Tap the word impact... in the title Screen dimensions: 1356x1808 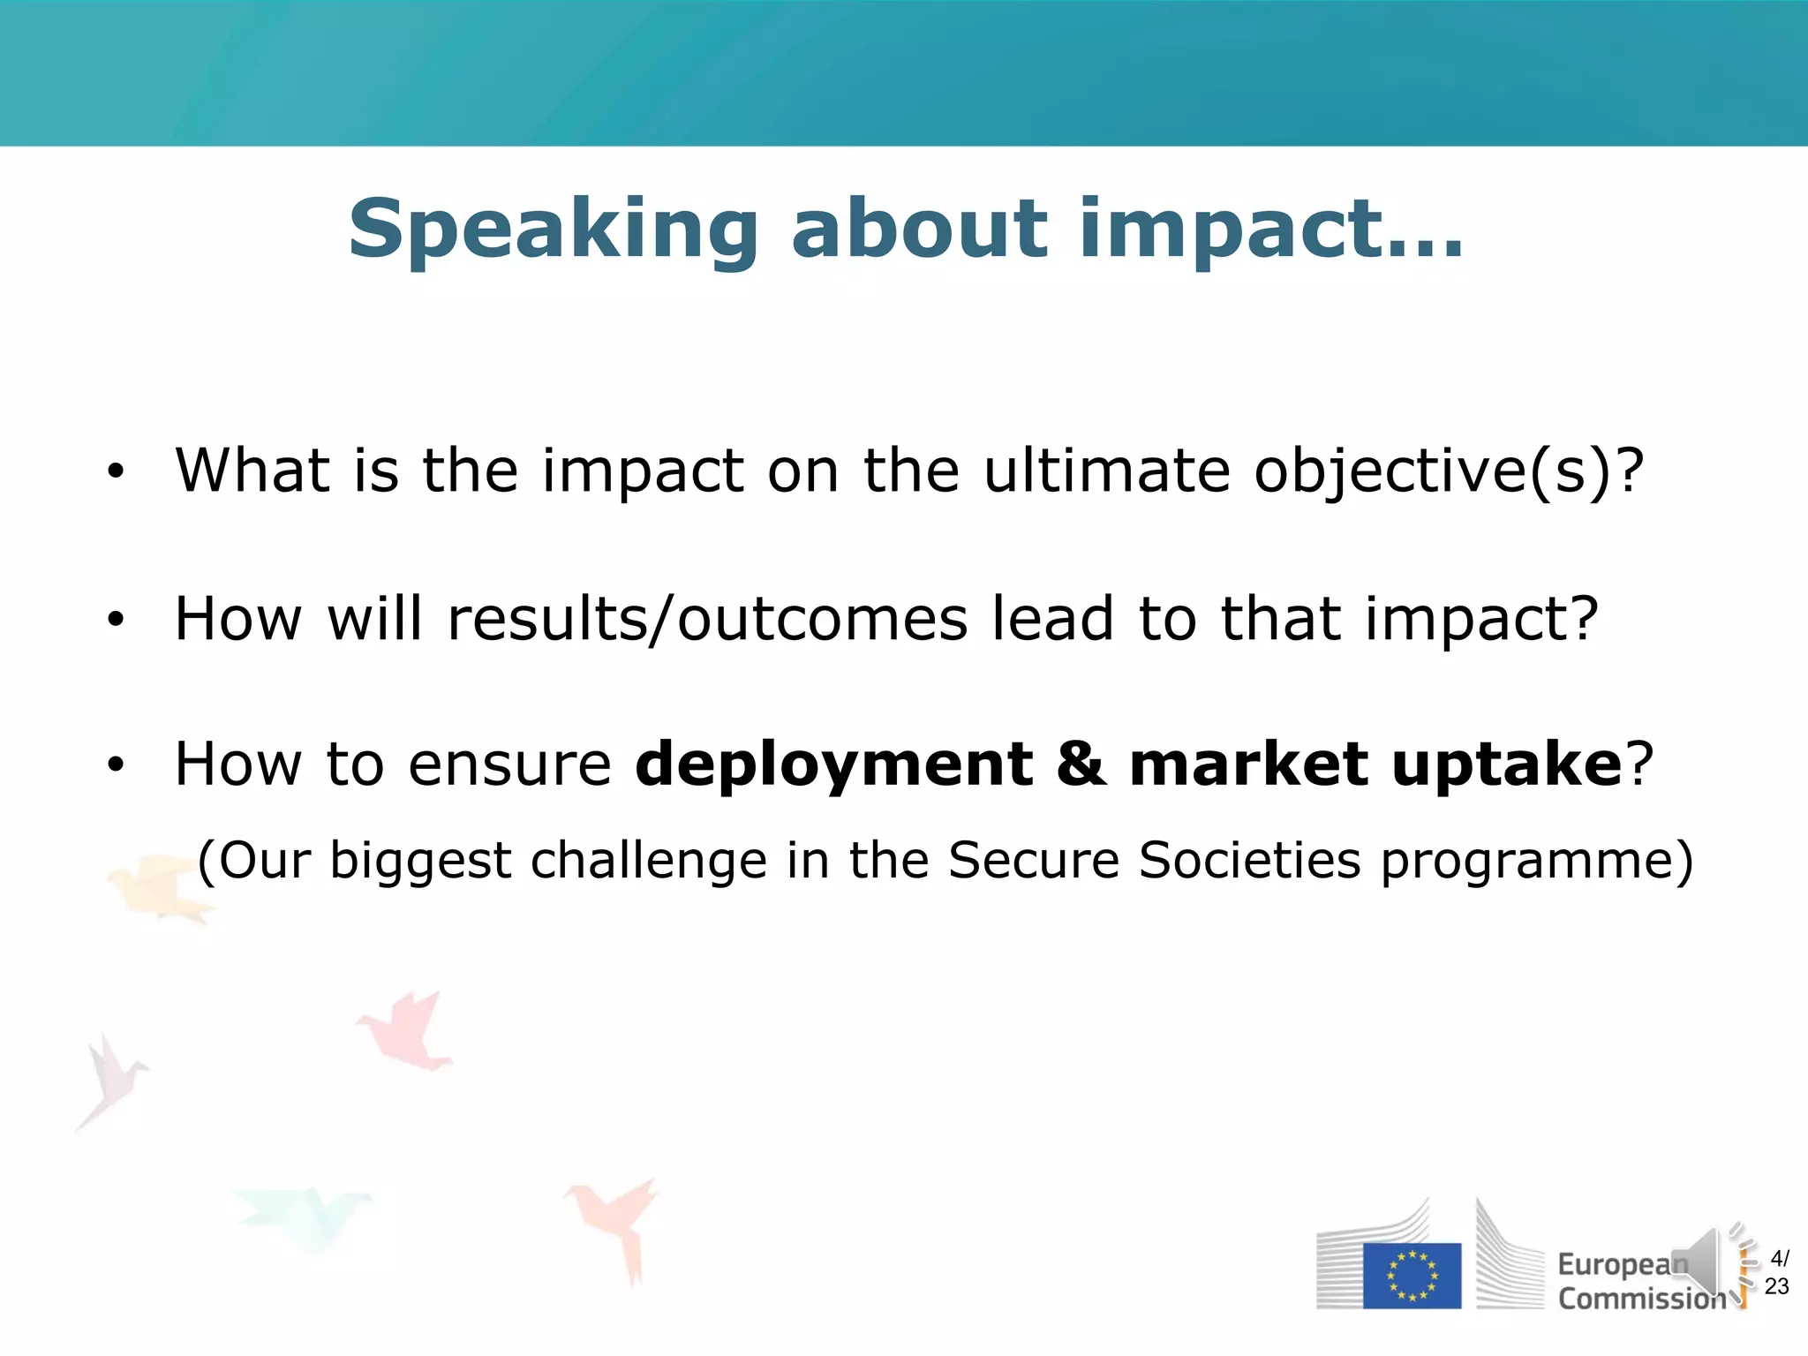(1271, 230)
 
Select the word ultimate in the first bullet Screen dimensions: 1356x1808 (1107, 470)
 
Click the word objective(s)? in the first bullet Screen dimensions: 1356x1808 (1449, 471)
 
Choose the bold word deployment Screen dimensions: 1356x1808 (833, 765)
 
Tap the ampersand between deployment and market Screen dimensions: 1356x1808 (1081, 765)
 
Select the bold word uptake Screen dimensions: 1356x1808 (1506, 765)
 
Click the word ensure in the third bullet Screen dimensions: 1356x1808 (509, 765)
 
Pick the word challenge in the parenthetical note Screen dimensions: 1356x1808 (649, 861)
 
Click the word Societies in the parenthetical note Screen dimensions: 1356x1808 (1249, 861)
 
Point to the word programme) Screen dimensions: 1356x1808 (1537, 861)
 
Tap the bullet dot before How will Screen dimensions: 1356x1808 (116, 621)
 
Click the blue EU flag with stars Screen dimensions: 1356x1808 (1412, 1276)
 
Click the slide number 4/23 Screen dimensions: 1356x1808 (1777, 1272)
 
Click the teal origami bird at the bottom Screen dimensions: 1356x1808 (305, 1214)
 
